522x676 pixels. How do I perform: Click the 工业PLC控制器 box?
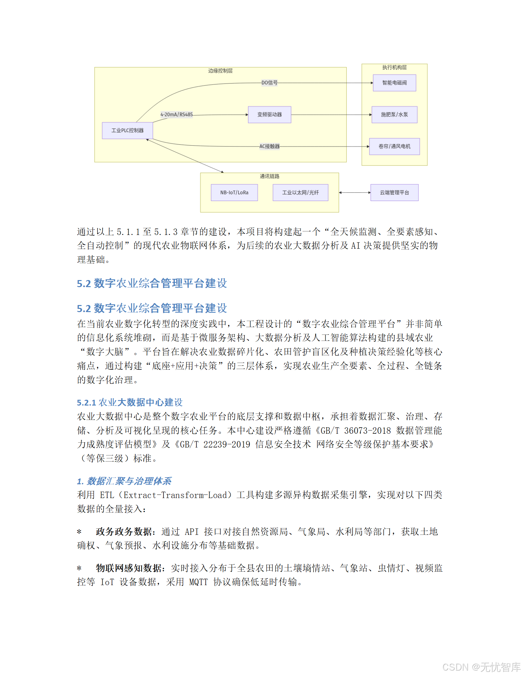127,131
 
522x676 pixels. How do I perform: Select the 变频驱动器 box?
269,115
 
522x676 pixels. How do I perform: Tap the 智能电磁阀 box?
394,83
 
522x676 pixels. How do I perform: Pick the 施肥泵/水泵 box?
394,115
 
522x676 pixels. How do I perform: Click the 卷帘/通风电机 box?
394,147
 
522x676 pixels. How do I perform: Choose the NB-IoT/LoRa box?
234,193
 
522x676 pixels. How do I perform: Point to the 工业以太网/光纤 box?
300,193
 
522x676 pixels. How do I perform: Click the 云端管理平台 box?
394,193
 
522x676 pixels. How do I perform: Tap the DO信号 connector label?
269,83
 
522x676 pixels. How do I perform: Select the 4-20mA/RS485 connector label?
177,115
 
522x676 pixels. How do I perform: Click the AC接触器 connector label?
269,147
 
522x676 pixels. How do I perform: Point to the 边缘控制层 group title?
220,71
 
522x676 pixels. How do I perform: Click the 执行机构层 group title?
394,68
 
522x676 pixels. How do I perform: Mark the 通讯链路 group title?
269,176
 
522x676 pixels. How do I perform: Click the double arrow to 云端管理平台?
355,193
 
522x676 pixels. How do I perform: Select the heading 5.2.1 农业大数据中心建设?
130,402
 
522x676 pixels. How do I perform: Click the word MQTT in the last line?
198,582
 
